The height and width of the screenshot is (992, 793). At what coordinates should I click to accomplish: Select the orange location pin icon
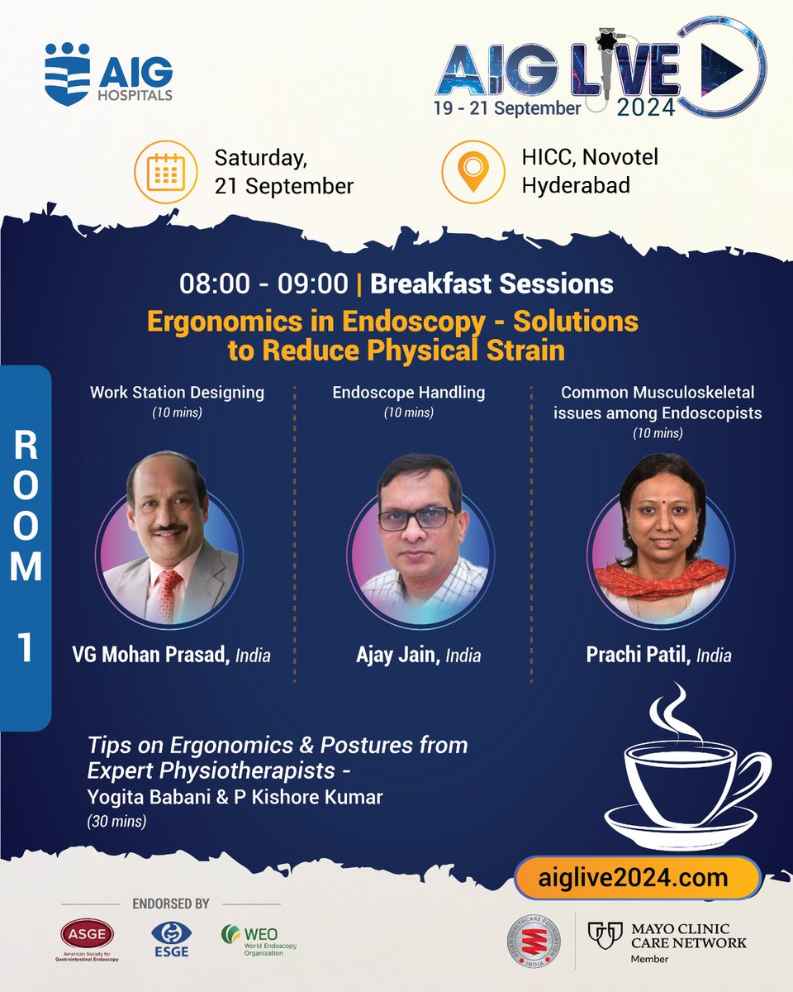(x=472, y=172)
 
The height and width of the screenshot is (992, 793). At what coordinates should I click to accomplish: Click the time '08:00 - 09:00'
(x=264, y=284)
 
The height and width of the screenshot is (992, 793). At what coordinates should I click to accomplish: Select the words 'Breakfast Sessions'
(x=491, y=284)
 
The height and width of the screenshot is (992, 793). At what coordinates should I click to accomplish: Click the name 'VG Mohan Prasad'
(x=150, y=656)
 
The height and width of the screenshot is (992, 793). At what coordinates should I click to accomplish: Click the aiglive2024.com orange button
(x=636, y=876)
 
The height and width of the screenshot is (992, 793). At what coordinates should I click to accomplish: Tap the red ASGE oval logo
(x=87, y=935)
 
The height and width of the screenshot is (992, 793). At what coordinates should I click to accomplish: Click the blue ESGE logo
(x=169, y=939)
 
